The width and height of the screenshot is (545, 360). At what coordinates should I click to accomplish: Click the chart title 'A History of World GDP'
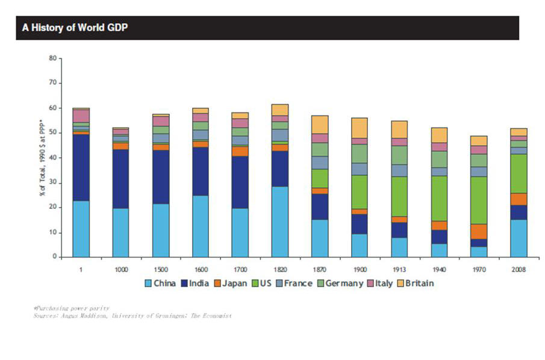point(74,28)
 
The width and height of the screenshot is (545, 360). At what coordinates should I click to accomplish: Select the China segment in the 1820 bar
point(280,222)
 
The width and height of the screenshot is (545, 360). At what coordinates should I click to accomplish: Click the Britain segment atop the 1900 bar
point(360,128)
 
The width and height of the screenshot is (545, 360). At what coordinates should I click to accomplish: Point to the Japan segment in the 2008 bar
point(519,199)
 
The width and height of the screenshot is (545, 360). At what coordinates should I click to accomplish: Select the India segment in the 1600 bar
point(201,171)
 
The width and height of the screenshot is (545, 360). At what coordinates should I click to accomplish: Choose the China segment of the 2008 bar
point(519,238)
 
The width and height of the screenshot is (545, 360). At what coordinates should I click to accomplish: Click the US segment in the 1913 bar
point(399,196)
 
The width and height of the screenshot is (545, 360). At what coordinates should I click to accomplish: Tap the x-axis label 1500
point(161,269)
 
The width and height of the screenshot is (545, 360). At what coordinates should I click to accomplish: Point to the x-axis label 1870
point(320,269)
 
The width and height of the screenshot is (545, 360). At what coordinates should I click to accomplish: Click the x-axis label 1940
point(439,269)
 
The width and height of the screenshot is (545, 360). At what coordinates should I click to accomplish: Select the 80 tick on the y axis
point(52,58)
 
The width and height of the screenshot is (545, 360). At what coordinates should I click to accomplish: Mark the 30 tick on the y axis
point(52,182)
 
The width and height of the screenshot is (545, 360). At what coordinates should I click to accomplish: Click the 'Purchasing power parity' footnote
point(72,308)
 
